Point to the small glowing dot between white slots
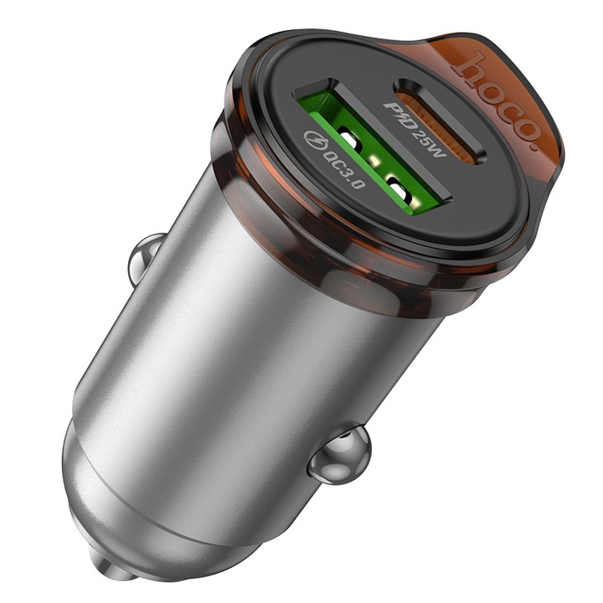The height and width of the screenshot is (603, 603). coord(376,163)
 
